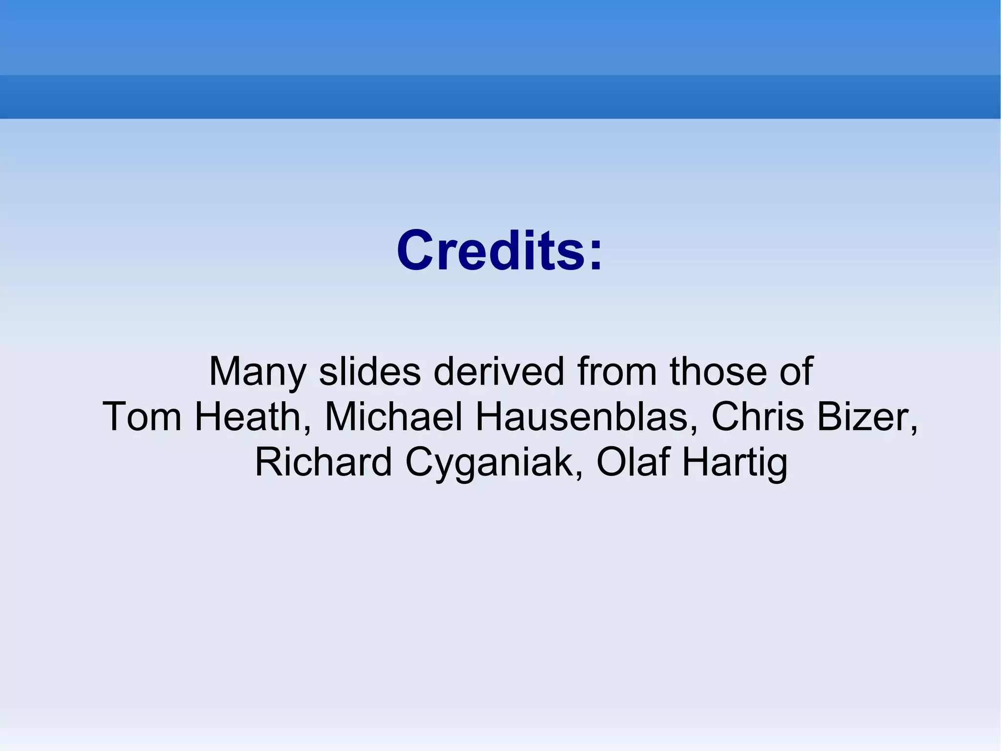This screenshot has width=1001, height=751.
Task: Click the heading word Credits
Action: (491, 251)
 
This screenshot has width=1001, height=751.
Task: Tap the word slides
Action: (370, 372)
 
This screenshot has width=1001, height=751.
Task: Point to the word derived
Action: (499, 372)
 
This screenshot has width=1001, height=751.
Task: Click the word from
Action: (617, 372)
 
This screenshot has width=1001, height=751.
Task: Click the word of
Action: (796, 372)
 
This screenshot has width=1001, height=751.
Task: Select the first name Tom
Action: (142, 417)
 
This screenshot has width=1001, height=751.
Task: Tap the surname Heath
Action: (250, 417)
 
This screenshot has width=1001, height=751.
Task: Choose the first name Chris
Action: (757, 417)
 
